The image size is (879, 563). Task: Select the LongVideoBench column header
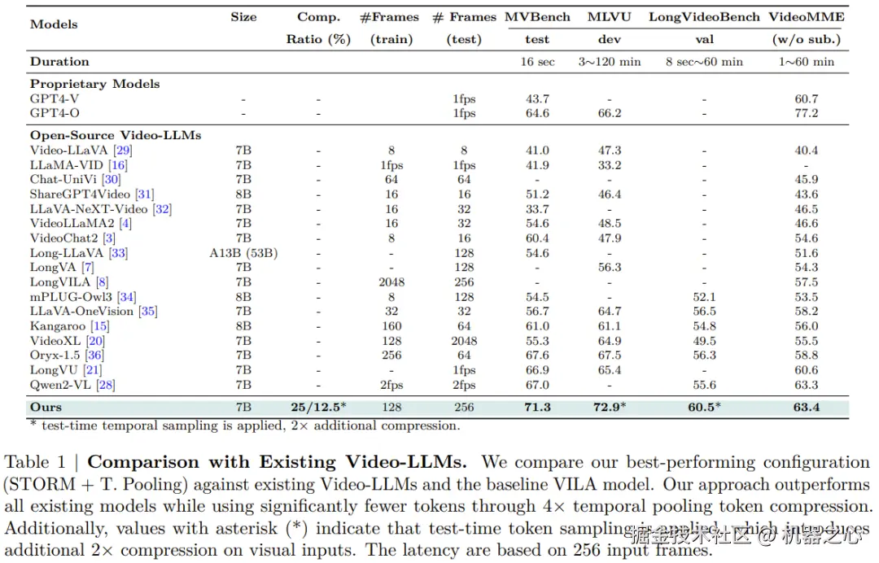pos(704,16)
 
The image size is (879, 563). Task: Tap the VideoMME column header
pos(807,16)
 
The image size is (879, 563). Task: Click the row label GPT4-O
pos(55,113)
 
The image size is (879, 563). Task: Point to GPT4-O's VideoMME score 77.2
pos(807,113)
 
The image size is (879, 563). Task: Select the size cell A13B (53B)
pos(243,253)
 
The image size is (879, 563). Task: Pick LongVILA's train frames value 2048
pos(391,282)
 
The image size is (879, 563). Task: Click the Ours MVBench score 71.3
pos(537,407)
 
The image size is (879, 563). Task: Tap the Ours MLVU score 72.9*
pos(611,407)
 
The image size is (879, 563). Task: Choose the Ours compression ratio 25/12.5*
pos(319,407)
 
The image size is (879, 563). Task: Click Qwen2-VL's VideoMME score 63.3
pos(807,385)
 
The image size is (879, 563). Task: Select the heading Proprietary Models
pos(95,84)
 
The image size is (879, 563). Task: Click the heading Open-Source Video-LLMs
pos(116,135)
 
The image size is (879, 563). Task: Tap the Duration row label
pos(59,61)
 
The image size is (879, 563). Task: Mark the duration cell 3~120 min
pos(610,61)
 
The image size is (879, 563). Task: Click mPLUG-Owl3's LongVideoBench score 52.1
pos(704,297)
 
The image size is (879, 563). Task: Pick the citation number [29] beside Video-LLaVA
pos(124,151)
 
